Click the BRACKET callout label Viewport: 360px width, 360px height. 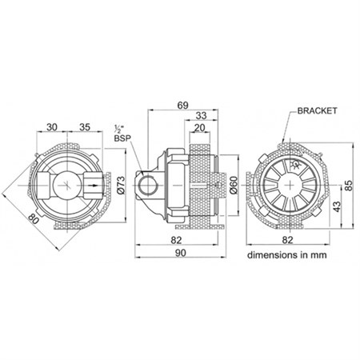pos(317,110)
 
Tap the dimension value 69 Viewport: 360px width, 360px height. pos(182,106)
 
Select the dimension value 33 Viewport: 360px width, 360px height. pos(201,116)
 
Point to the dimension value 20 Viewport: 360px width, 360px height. pos(199,128)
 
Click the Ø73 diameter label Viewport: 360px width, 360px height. pos(122,185)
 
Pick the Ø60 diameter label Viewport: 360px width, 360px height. pos(234,185)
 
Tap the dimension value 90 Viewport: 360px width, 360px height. pos(180,253)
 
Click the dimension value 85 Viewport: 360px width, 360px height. pos(349,186)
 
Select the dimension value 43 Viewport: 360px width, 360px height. pos(337,206)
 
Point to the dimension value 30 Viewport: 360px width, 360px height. pos(52,127)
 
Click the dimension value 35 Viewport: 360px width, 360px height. pos(85,127)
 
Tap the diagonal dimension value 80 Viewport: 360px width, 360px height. pos(34,220)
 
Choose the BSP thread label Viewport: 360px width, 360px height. pos(122,138)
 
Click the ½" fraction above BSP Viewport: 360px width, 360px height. pos(118,129)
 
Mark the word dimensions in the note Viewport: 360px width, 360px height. pos(272,255)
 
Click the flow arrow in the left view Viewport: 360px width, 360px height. pos(93,186)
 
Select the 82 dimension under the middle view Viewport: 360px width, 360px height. pos(176,240)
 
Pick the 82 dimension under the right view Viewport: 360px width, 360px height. pos(287,240)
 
